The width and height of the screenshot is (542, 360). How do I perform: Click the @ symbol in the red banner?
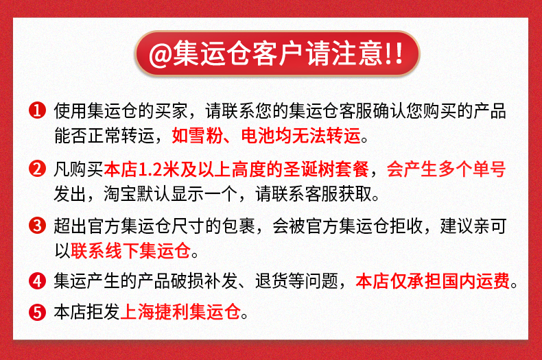click(x=161, y=55)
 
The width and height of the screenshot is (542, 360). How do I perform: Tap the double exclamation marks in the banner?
click(x=394, y=53)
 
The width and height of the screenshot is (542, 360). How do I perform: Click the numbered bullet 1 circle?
click(x=37, y=110)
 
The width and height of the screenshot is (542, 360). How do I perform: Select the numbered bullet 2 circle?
click(x=37, y=169)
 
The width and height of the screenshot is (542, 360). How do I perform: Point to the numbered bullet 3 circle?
click(x=37, y=226)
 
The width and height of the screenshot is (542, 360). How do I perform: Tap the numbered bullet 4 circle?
click(x=37, y=281)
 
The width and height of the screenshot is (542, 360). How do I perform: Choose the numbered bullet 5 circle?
click(x=37, y=312)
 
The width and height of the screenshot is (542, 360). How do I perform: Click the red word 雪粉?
click(x=206, y=136)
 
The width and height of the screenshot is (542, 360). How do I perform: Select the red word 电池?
click(x=258, y=136)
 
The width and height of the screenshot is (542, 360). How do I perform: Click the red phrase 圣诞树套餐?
click(x=326, y=169)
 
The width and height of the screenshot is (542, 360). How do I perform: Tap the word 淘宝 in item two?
click(x=120, y=193)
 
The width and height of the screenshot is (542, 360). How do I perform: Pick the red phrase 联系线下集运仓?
click(x=130, y=250)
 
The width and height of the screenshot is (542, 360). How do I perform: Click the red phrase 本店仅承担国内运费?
click(x=433, y=281)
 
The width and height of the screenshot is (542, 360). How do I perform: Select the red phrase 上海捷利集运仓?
click(x=180, y=312)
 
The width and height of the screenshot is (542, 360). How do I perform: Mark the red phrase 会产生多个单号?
click(x=446, y=169)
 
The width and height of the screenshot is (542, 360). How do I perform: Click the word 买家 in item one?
click(x=172, y=111)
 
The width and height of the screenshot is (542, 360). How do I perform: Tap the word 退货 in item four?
click(x=272, y=281)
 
